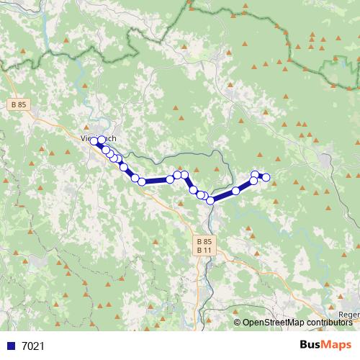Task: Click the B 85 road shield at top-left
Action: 19,104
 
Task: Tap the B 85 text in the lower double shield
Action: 204,241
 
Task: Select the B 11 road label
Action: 204,251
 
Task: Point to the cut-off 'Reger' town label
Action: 348,315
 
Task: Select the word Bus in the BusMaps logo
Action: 311,345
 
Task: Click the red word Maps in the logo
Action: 338,345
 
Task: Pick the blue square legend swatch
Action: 12,346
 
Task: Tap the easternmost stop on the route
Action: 266,177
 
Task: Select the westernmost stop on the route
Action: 93,141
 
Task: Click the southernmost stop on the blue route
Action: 211,201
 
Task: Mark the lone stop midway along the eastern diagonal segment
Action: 235,190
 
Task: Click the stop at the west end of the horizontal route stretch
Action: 143,181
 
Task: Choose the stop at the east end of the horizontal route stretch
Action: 170,179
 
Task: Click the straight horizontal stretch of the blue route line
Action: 156,181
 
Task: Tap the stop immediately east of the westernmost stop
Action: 102,143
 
